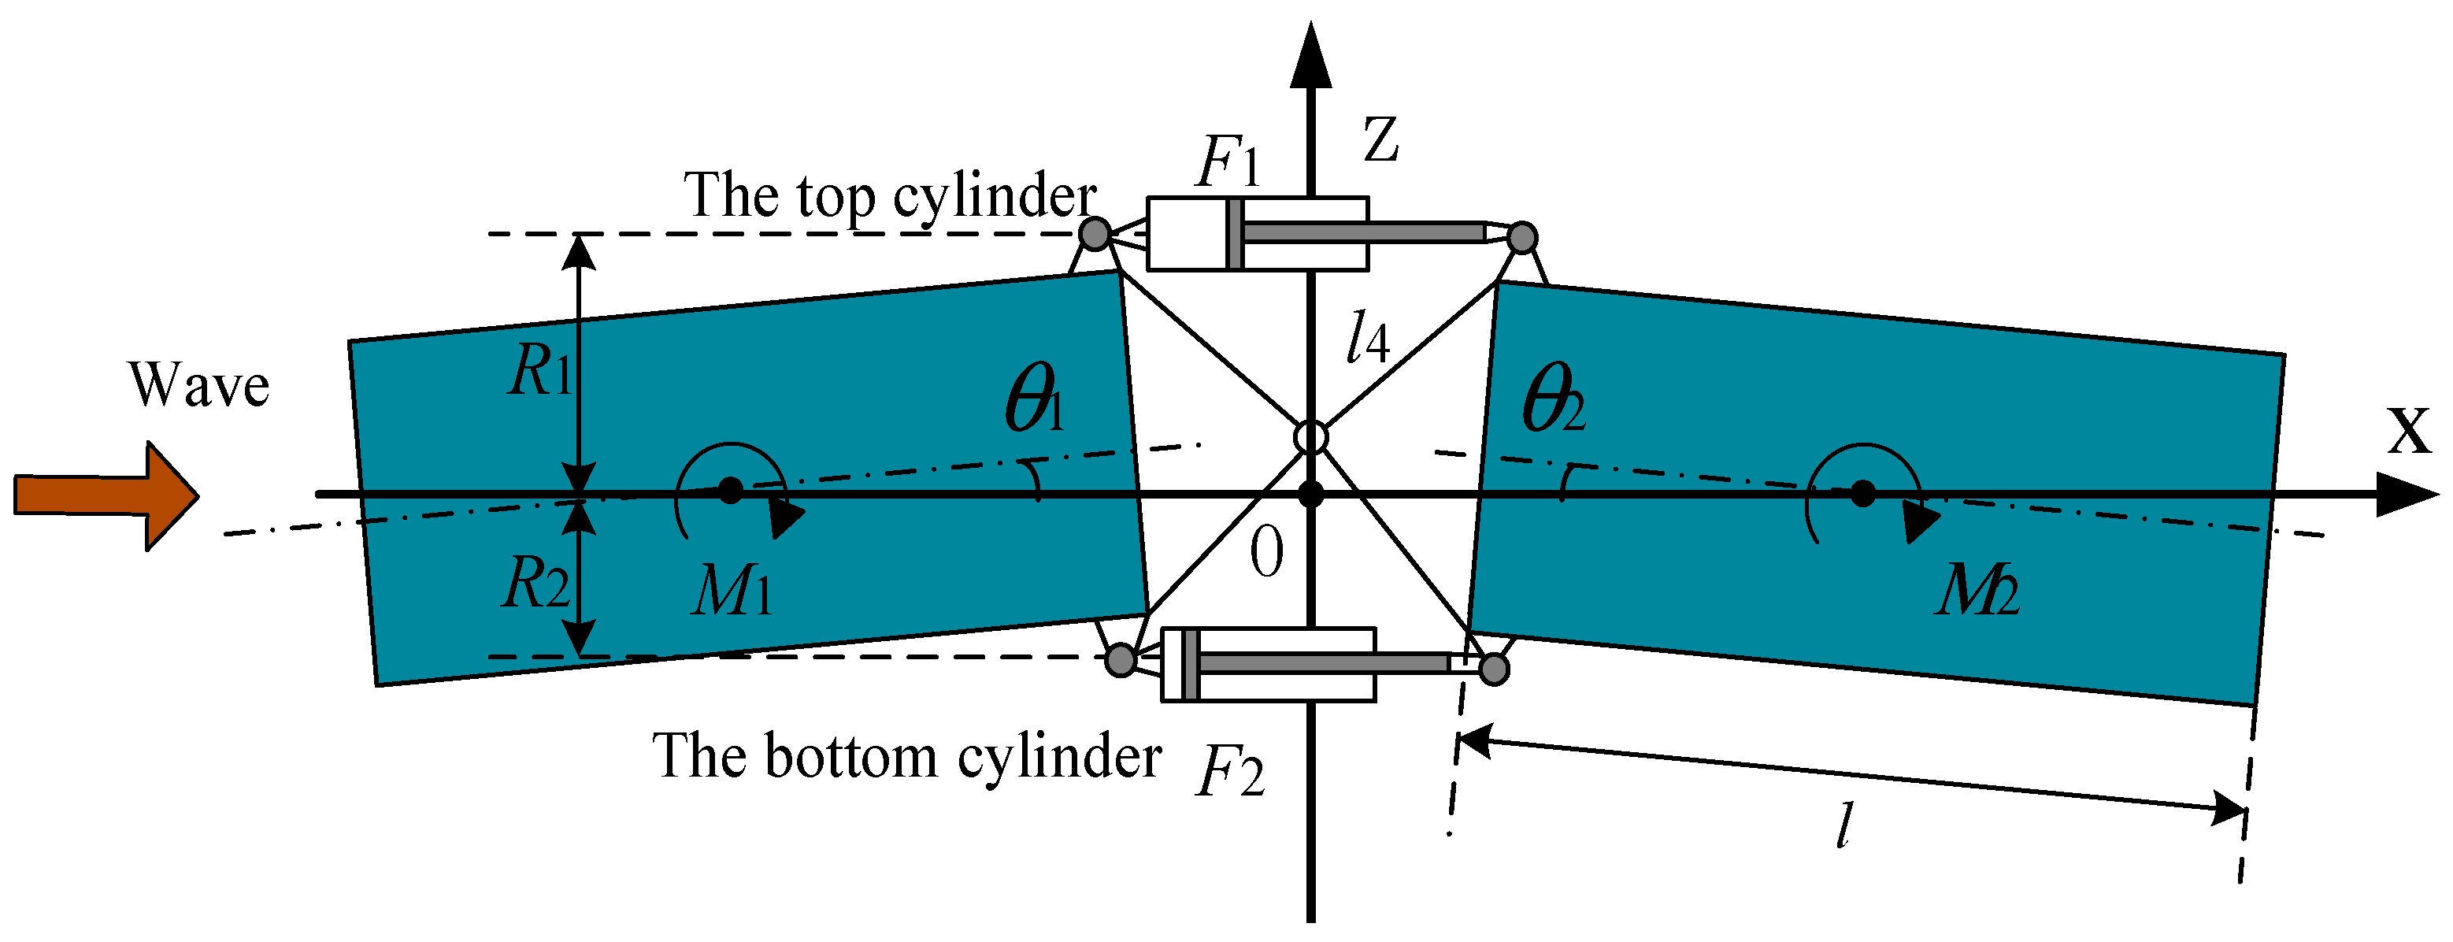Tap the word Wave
pos(199,386)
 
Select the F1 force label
pos(1228,163)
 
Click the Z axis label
pos(1380,140)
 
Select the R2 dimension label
pos(536,582)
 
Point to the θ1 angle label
pos(1034,398)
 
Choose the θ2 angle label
pos(1552,398)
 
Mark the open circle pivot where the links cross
pos(1311,437)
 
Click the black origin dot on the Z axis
pos(1311,495)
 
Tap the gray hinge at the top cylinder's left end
pos(1095,232)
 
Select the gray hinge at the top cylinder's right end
pos(1521,237)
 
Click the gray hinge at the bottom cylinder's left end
pos(1121,659)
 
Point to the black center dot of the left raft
pos(730,491)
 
